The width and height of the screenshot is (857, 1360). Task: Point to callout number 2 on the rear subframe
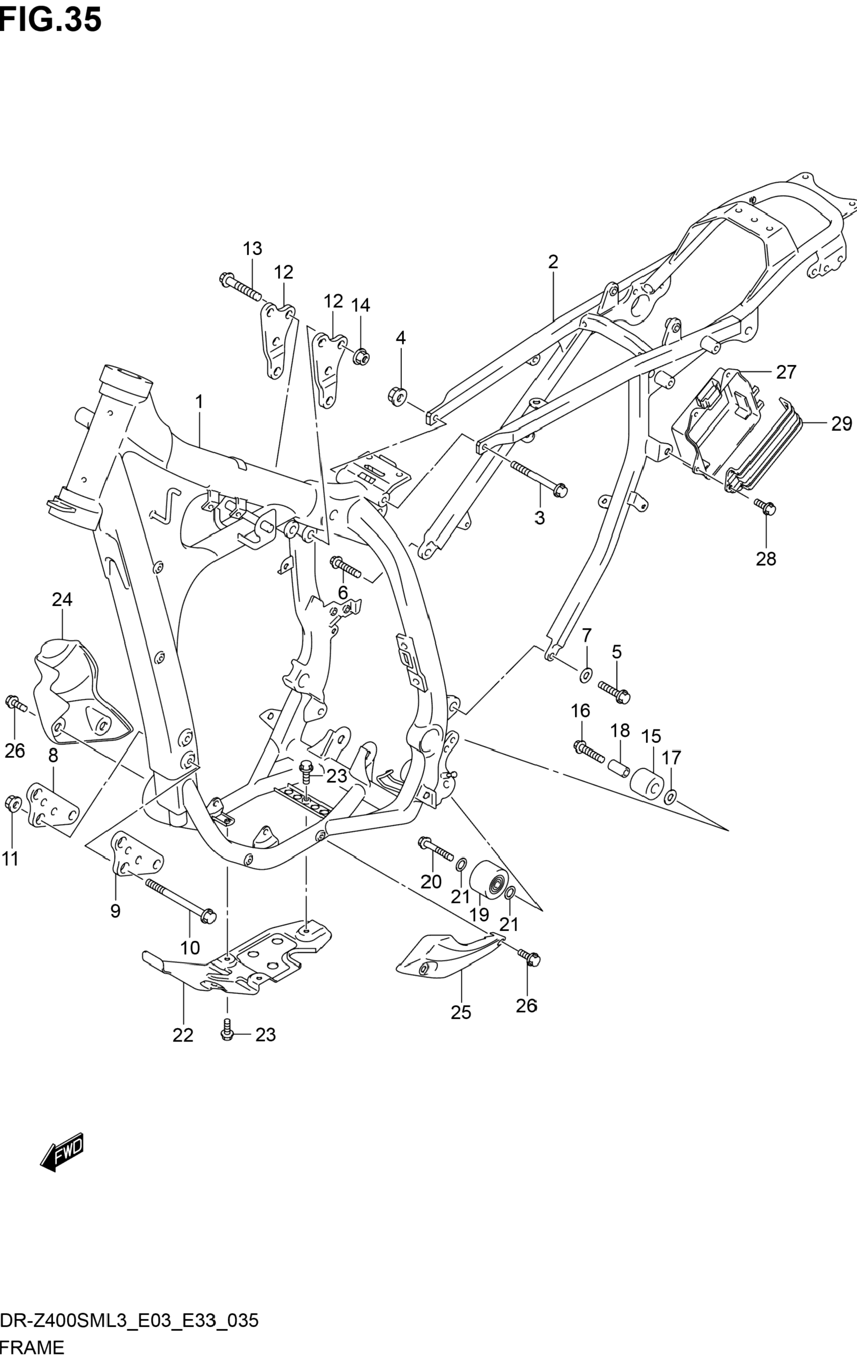(552, 261)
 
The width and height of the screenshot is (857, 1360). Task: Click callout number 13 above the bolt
(253, 248)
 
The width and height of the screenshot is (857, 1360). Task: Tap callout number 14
(360, 305)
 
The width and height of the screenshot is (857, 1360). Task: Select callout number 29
(841, 423)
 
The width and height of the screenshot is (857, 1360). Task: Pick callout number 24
(62, 599)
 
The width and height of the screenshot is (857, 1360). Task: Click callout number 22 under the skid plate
(183, 1035)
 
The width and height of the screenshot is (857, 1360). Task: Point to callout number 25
(461, 1012)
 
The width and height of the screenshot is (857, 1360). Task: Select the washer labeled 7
(586, 674)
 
